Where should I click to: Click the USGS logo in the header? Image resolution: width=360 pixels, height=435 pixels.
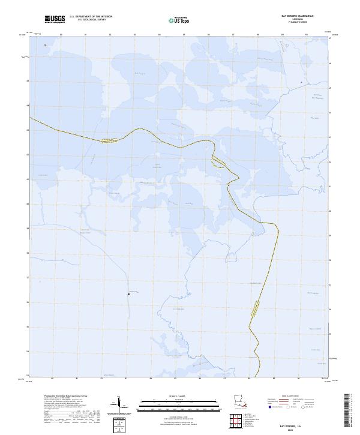tap(55, 19)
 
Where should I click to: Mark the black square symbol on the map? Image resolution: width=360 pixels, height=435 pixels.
tap(129, 294)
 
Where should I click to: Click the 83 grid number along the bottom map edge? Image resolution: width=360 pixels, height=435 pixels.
tap(126, 379)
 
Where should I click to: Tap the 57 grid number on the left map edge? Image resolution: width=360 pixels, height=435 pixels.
tap(27, 277)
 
